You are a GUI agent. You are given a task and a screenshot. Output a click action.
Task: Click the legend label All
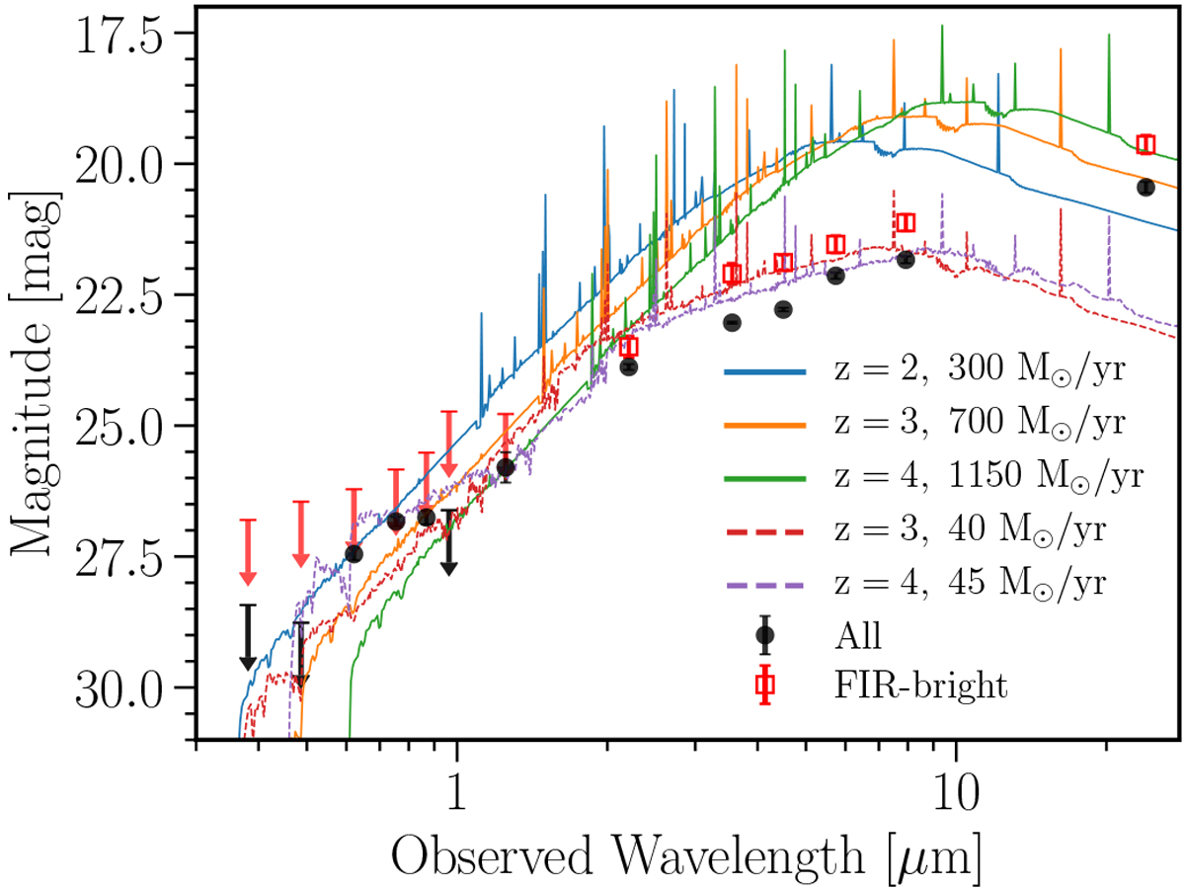(857, 635)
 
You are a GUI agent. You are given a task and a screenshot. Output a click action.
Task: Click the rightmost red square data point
(1145, 144)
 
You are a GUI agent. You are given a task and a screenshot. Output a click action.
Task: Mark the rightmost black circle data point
(1145, 187)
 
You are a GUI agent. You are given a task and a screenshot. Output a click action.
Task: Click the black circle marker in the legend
(764, 636)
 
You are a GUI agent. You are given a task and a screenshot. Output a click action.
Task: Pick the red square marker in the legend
(764, 688)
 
